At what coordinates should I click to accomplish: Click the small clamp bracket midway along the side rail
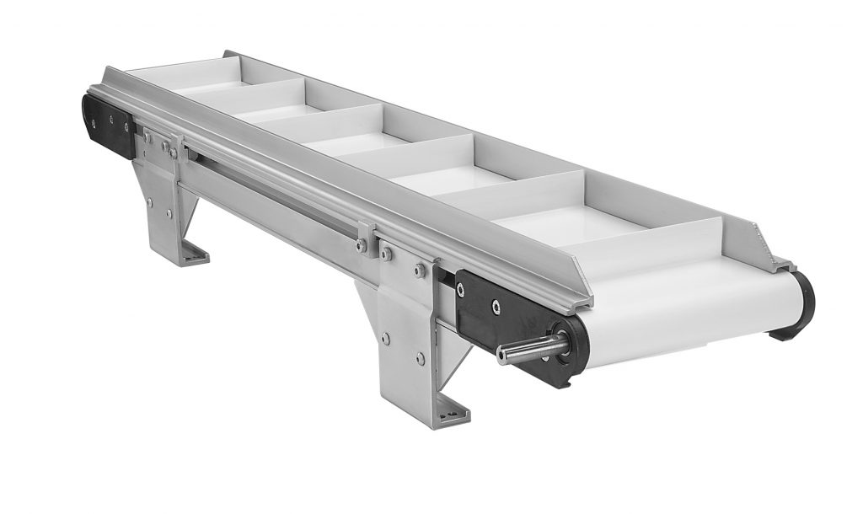point(365,236)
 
